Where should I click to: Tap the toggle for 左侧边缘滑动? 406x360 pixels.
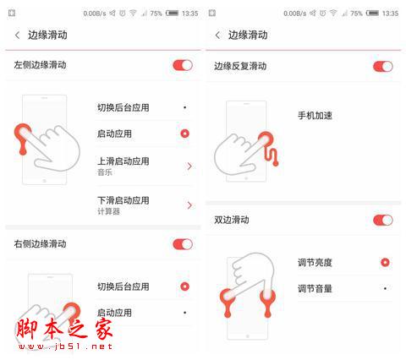tap(183, 65)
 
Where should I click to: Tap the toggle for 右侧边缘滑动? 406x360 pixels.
tap(183, 244)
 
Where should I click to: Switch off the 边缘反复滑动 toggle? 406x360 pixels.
tap(383, 66)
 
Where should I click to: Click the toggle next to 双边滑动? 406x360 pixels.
tap(383, 220)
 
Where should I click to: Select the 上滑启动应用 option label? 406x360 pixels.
tap(123, 161)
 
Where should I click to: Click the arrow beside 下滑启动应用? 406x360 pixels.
tap(189, 205)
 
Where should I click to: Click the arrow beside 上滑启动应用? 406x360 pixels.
tap(189, 166)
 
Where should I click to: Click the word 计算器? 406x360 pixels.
tap(108, 211)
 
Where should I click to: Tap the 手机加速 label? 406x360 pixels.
tap(315, 115)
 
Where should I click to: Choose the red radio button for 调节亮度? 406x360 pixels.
tap(385, 263)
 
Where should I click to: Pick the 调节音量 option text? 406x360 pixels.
tap(315, 288)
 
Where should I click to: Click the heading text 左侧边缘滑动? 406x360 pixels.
tap(40, 65)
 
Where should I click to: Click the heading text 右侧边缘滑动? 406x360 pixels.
tap(40, 244)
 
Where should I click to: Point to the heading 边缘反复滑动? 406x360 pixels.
tap(239, 66)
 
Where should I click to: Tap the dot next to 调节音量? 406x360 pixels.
tap(385, 288)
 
